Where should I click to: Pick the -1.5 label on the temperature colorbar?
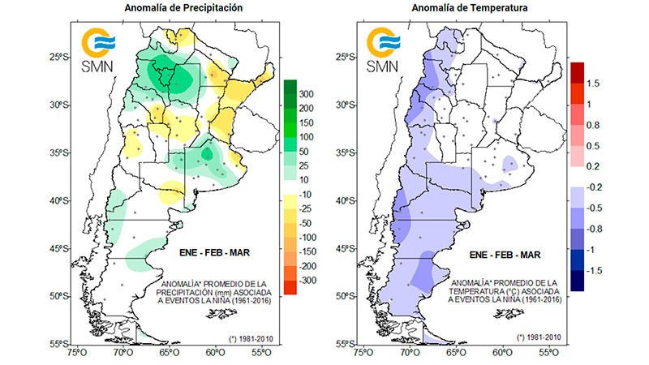click(x=596, y=269)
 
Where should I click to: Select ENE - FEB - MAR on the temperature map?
click(x=501, y=254)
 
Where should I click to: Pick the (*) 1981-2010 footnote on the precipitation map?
click(x=250, y=336)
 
